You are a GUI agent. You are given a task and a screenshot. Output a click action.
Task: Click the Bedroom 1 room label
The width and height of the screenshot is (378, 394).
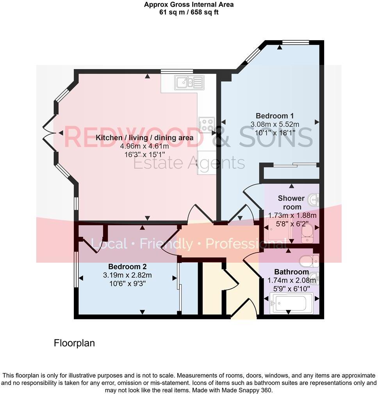pos(275,116)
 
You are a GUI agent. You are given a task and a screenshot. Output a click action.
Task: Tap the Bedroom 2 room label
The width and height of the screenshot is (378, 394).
pos(127,267)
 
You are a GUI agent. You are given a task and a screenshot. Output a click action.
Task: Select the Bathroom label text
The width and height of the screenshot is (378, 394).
pos(291,272)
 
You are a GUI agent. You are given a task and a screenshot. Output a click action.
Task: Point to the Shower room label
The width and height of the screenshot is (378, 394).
pos(291,202)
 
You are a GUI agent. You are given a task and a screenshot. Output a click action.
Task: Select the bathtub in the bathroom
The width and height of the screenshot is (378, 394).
pos(291,303)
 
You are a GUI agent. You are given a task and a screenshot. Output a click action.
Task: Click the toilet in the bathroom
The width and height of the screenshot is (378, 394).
pos(308,260)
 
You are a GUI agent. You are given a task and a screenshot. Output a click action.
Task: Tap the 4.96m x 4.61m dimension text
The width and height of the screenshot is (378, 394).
pos(144,146)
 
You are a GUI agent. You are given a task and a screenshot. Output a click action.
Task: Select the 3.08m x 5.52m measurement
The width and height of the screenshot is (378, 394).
pos(275,125)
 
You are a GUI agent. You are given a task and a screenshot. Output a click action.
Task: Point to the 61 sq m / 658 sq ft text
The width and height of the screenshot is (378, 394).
pos(189,12)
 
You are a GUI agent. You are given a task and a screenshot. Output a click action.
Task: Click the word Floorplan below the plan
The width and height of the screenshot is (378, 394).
pos(74,343)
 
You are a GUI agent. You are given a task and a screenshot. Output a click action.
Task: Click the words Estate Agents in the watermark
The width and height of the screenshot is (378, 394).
pos(189,163)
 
